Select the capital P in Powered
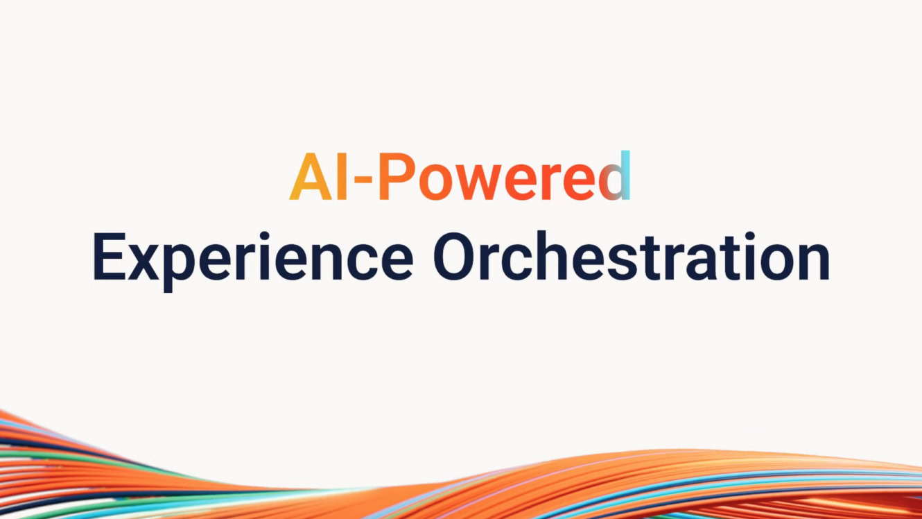pyautogui.click(x=396, y=178)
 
